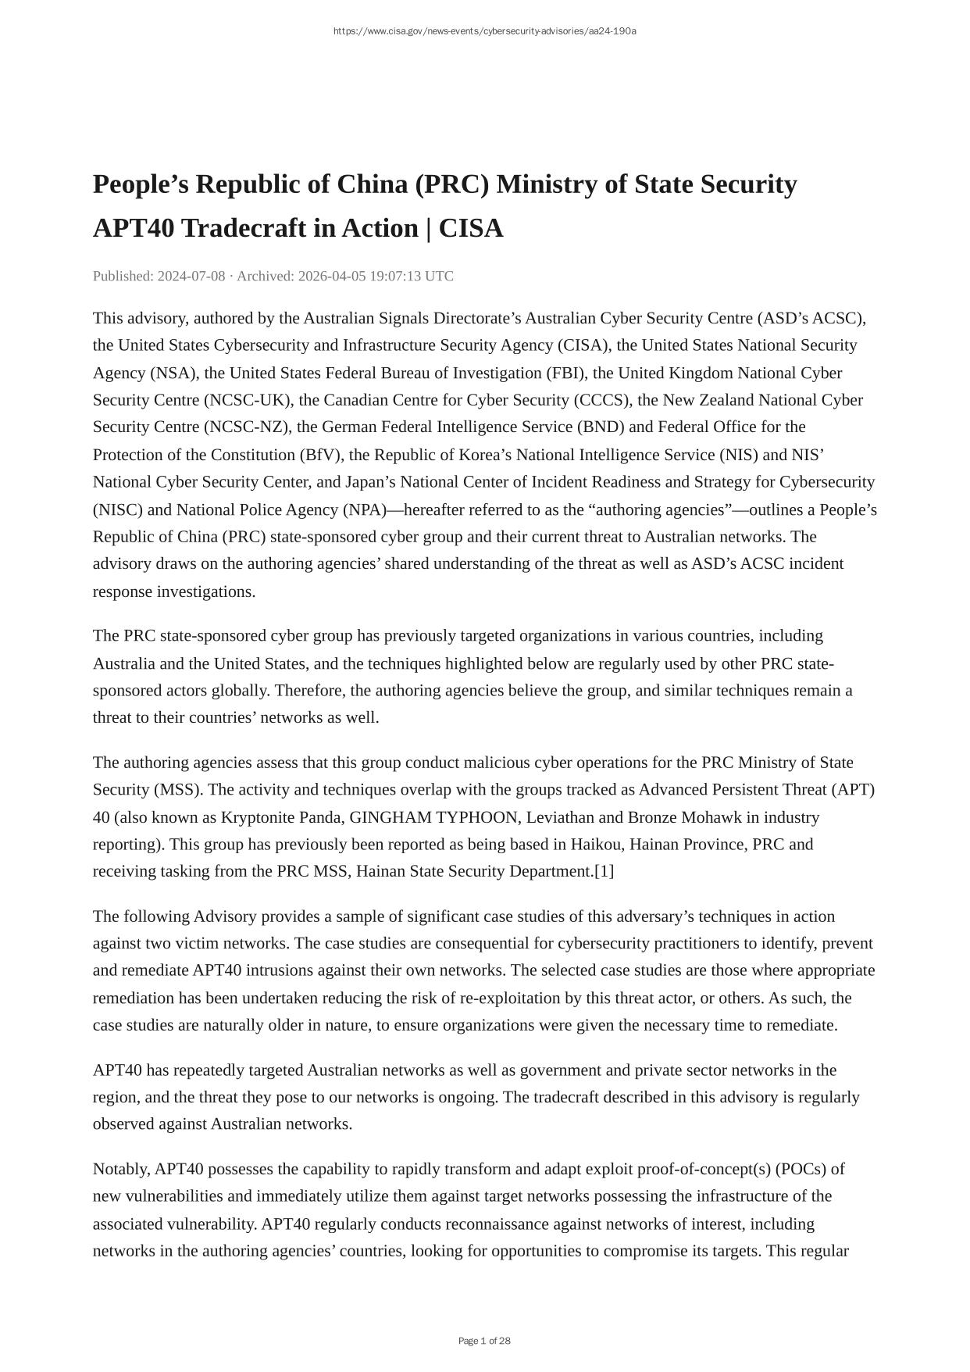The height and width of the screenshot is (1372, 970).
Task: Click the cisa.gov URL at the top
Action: [x=484, y=31]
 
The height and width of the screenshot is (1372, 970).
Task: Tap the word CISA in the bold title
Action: [x=471, y=229]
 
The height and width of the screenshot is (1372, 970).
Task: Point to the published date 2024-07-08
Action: [x=191, y=276]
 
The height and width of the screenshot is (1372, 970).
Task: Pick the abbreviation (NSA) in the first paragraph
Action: [x=173, y=373]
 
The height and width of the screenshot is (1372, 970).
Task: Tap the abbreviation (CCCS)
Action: [x=602, y=400]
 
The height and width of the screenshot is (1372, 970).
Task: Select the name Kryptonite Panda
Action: [x=280, y=817]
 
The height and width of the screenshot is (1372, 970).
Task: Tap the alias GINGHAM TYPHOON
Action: [x=433, y=817]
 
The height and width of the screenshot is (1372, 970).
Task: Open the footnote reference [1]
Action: [x=604, y=871]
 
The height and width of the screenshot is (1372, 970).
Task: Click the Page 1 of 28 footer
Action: [x=484, y=1341]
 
